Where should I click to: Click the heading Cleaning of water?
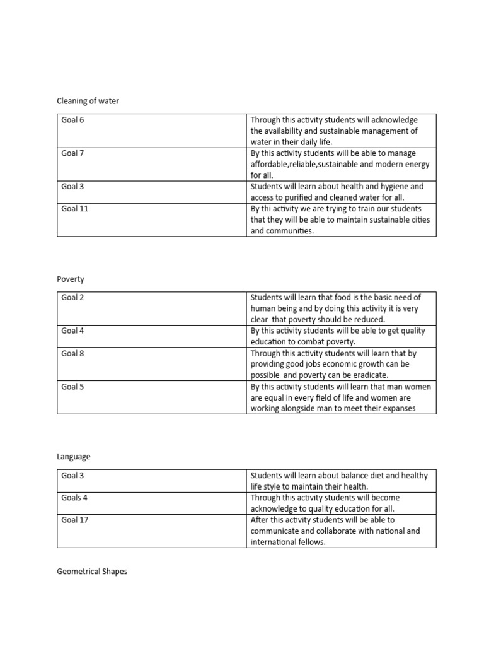coord(88,101)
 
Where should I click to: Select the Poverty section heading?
coord(70,279)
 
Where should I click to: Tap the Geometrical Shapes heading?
coord(92,572)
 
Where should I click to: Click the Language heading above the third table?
coord(74,457)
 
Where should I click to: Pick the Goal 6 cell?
coord(72,120)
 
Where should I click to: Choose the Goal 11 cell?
coord(74,209)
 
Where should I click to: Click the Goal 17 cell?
coord(74,520)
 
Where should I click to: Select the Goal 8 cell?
coord(72,354)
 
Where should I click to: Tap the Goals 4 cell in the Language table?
coord(74,498)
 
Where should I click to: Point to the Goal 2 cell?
coord(72,298)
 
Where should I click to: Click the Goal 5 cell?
coord(72,387)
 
